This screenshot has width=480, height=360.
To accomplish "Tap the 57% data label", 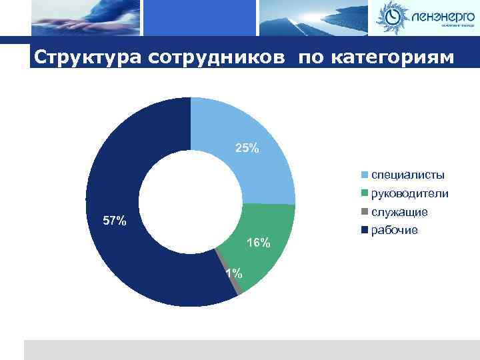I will (x=115, y=221).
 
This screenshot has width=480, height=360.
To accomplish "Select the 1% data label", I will (x=233, y=273).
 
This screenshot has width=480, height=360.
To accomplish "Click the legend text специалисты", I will (x=407, y=175).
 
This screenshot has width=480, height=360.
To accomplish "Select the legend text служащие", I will (x=399, y=212).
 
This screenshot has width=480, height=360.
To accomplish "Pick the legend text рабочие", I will (x=395, y=230).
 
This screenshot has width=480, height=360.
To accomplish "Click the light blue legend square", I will (x=365, y=176).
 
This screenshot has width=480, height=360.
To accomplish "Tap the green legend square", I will (x=365, y=194).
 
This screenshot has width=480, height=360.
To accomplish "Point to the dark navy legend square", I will (x=365, y=231).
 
